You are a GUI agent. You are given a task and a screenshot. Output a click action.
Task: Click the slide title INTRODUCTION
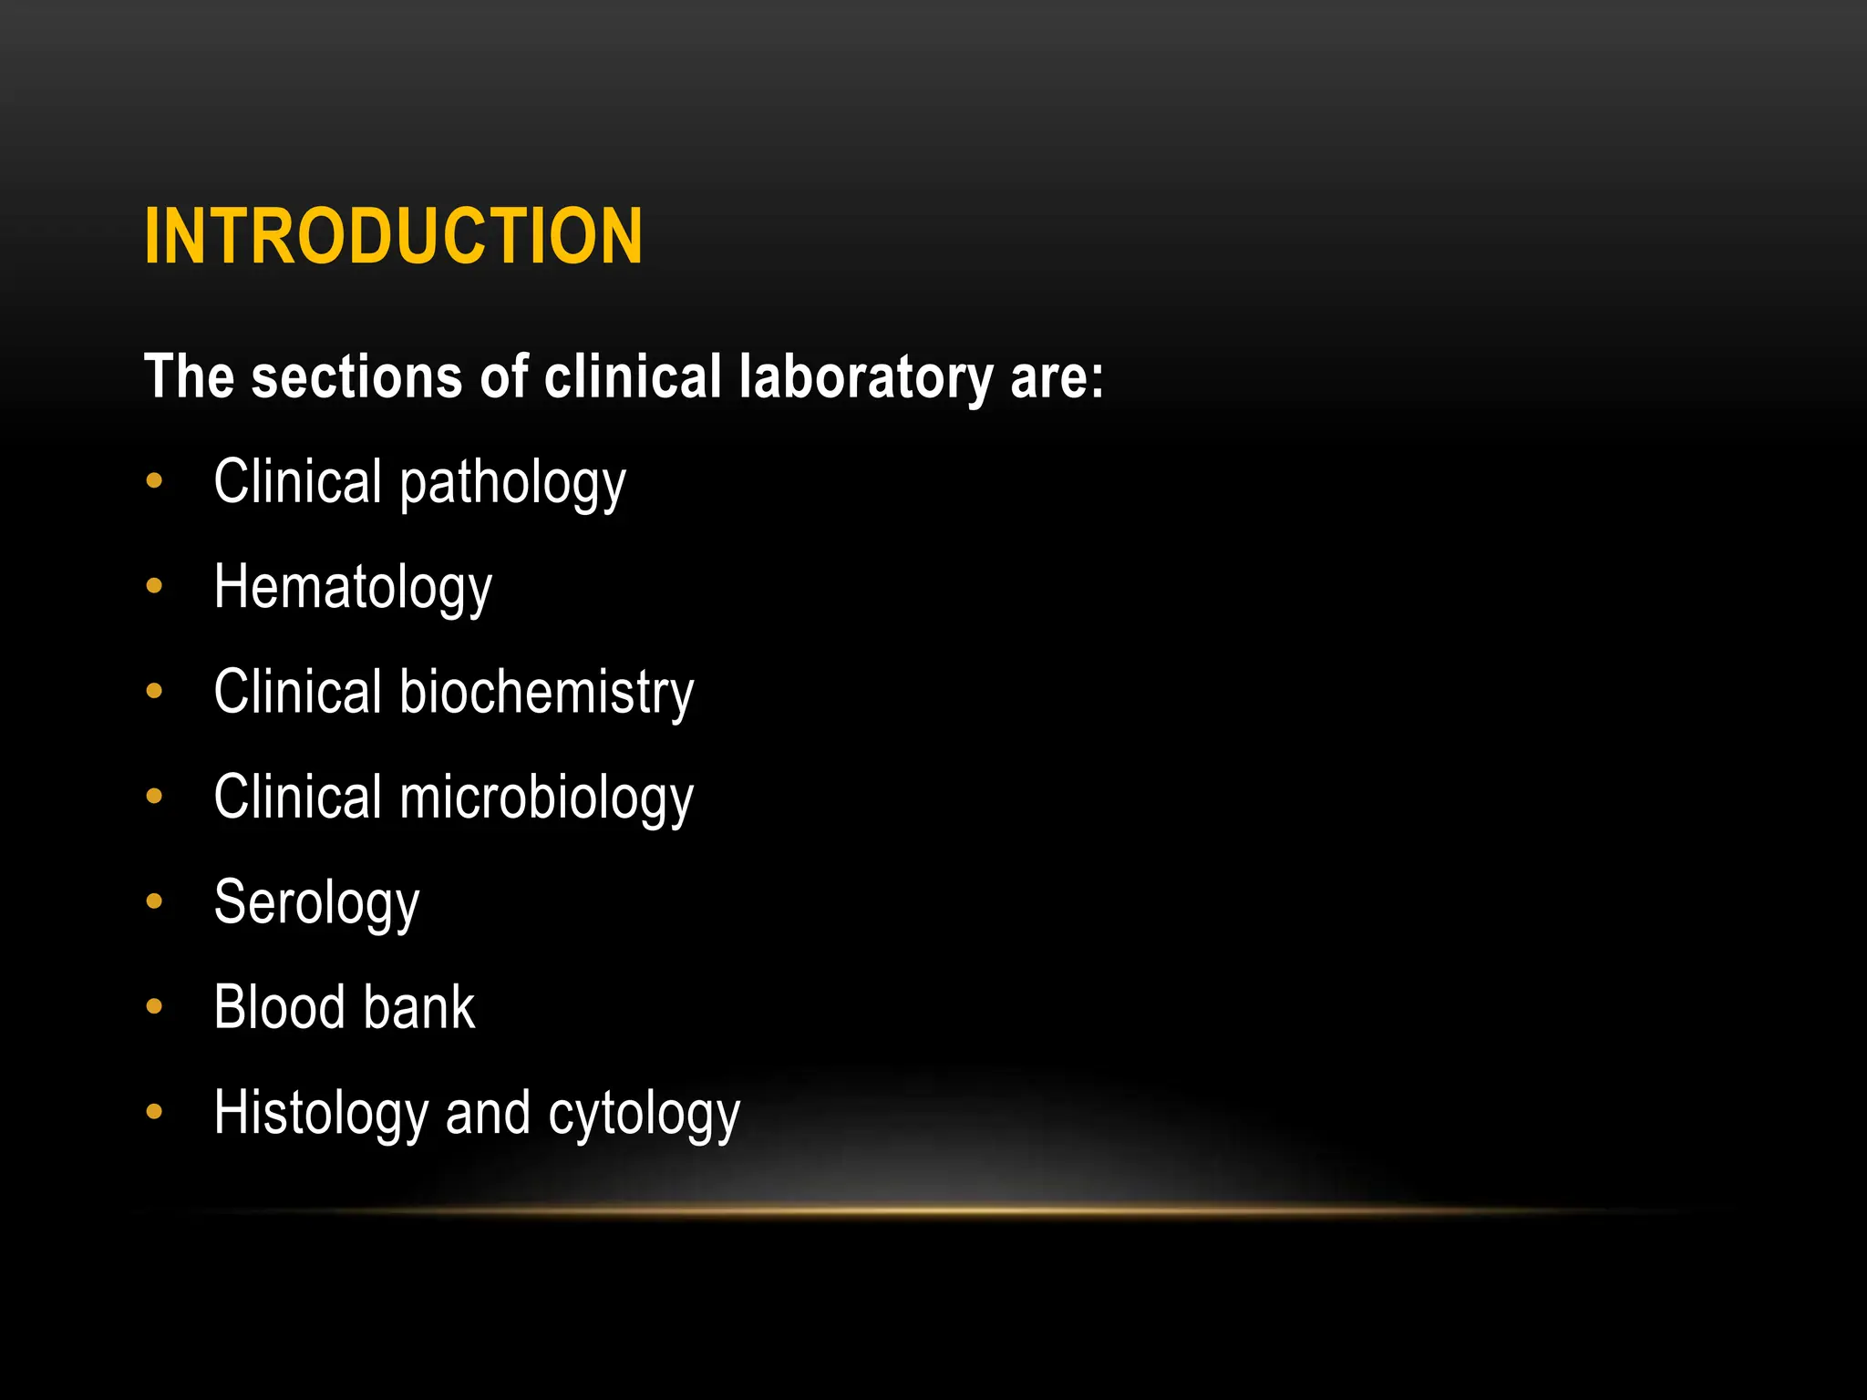(x=393, y=236)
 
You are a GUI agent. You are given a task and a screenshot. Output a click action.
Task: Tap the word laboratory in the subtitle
(x=865, y=376)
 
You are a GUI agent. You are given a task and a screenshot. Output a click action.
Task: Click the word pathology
(x=512, y=483)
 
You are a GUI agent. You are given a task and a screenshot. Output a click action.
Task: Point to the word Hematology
(x=353, y=588)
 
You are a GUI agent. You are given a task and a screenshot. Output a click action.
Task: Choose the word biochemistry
(x=546, y=692)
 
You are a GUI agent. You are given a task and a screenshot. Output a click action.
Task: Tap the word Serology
(x=316, y=903)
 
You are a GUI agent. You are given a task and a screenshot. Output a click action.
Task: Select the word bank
(x=431, y=1007)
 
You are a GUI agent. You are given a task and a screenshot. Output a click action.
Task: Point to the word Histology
(x=320, y=1114)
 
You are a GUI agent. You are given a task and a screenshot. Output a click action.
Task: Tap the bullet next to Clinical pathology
(x=154, y=480)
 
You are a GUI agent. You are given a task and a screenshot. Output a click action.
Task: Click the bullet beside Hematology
(x=154, y=586)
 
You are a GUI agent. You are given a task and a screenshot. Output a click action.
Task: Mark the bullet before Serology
(x=154, y=901)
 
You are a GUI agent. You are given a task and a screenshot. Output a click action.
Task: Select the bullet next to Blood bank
(x=154, y=1006)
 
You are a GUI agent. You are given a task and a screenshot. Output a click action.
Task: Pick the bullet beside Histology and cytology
(x=154, y=1111)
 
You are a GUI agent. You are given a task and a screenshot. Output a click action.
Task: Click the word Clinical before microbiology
(x=297, y=797)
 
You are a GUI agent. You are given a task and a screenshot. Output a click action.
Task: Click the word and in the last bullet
(x=487, y=1114)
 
